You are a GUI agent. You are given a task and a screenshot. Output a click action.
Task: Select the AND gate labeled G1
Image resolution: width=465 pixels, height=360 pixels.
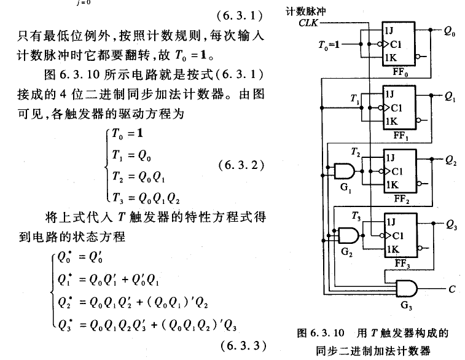(343, 171)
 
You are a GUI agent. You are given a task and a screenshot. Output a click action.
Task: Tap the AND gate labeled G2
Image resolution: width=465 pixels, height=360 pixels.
(348, 234)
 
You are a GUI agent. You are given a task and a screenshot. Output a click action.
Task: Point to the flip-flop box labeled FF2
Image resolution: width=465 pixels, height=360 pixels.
(399, 171)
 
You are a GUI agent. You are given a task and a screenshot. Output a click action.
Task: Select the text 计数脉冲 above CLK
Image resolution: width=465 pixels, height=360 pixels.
(321, 10)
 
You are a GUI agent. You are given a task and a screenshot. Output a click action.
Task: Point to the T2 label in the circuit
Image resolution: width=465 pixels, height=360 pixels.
(356, 152)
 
